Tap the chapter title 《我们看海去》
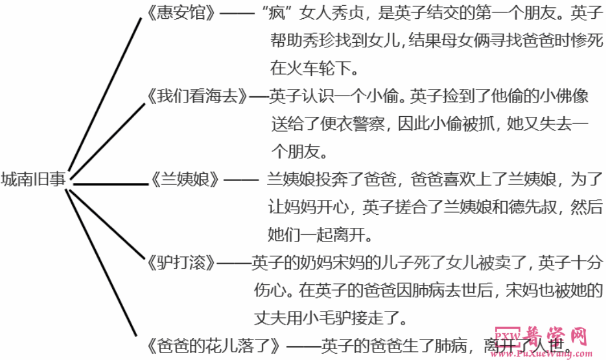click(197, 96)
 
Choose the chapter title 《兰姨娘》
click(185, 179)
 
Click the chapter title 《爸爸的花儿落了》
click(212, 345)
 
